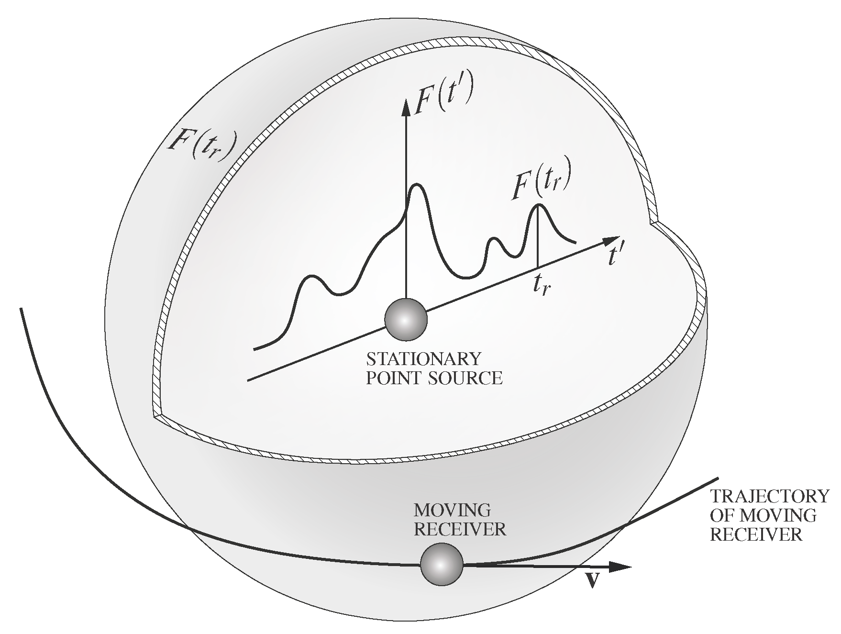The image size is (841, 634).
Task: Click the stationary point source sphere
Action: coord(406,319)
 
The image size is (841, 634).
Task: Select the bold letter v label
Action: coord(593,580)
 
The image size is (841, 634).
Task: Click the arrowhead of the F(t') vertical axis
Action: coord(406,106)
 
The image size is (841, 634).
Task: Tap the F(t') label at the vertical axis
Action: coord(443,96)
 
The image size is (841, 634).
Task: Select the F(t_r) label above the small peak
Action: coord(541,184)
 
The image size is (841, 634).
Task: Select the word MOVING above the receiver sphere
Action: coord(452,510)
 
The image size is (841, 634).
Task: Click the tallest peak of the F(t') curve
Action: coord(416,185)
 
